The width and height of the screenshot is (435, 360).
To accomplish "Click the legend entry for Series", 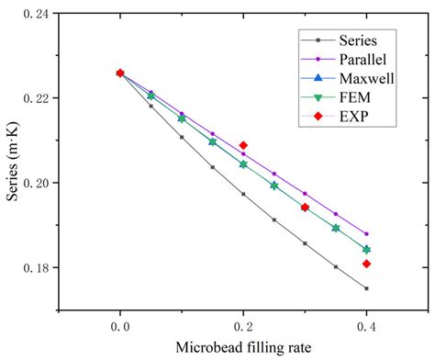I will (356, 39).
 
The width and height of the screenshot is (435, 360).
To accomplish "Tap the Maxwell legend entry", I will (363, 79).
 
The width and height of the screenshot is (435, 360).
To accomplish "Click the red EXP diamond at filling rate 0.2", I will (243, 145).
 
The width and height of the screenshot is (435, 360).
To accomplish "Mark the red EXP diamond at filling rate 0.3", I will (305, 208).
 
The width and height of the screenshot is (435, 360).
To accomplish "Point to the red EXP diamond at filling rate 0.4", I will (366, 264).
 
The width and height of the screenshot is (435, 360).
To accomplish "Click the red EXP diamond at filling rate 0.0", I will (120, 73).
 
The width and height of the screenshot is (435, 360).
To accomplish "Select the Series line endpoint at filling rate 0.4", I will (366, 288).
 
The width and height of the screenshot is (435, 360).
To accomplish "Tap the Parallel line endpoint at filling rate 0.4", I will (366, 234).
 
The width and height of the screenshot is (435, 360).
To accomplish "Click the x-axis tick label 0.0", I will (120, 325).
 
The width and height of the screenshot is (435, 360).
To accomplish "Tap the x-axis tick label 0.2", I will (243, 325).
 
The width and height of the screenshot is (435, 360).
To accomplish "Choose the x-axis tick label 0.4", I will (366, 325).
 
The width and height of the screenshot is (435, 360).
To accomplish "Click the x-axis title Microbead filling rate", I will (243, 349).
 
